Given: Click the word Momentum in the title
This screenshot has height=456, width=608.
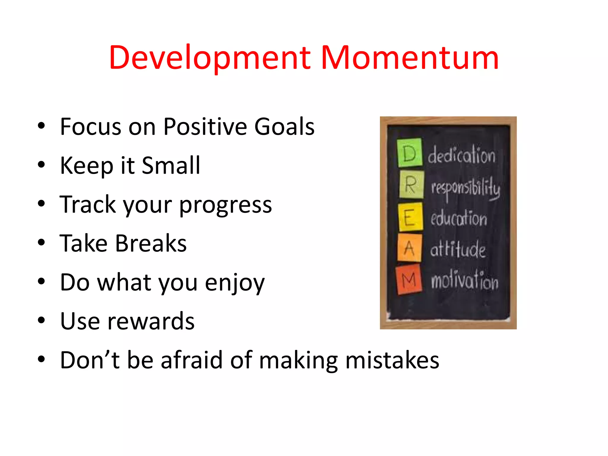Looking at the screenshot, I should pos(410,58).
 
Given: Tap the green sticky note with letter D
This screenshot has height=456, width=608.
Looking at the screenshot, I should pos(410,153).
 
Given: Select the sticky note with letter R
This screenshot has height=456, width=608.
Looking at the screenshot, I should pos(411,185).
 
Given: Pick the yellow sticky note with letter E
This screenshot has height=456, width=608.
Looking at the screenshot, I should pos(411,217).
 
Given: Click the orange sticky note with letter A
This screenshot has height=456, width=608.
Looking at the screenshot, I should pos(410,248).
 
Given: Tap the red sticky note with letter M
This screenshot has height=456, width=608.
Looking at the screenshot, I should pos(409,280).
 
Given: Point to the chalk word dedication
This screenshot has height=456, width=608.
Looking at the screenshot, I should pos(461,155).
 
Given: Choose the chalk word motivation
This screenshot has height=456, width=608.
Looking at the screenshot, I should pos(464,281).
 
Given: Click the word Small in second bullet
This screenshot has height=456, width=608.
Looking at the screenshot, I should pos(171,165).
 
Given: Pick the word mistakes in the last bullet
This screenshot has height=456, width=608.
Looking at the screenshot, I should pos(392,360).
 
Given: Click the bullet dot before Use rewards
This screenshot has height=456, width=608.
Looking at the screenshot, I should pos(41,321).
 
